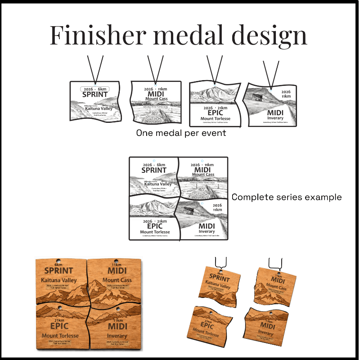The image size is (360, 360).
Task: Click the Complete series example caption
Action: pyautogui.click(x=286, y=197)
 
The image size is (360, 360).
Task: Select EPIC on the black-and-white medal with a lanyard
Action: pyautogui.click(x=214, y=113)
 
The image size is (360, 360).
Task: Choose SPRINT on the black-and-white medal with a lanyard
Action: pyautogui.click(x=95, y=95)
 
